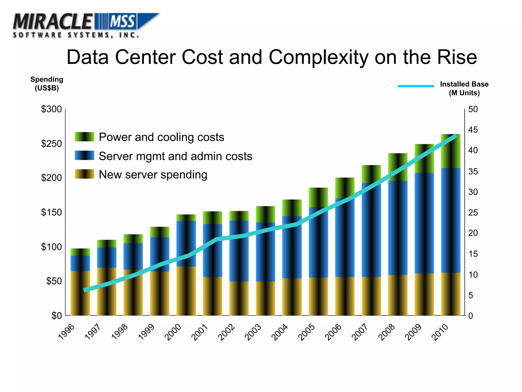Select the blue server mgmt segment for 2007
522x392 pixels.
pyautogui.click(x=371, y=230)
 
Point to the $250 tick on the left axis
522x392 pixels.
pyautogui.click(x=51, y=144)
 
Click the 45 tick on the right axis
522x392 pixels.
pyautogui.click(x=473, y=130)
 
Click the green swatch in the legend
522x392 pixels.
pyautogui.click(x=84, y=137)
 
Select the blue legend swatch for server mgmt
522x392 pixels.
pyautogui.click(x=84, y=155)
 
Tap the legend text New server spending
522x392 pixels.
pyautogui.click(x=153, y=175)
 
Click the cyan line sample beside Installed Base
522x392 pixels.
pyautogui.click(x=416, y=86)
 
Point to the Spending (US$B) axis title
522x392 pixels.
pyautogui.click(x=47, y=84)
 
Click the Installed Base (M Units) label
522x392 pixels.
pyautogui.click(x=464, y=88)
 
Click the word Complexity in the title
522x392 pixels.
pyautogui.click(x=319, y=57)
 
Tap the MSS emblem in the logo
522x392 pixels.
pyautogui.click(x=122, y=21)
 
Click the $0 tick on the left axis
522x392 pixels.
pyautogui.click(x=57, y=316)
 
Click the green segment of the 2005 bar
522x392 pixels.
pyautogui.click(x=318, y=197)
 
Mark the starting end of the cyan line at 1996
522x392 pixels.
pyautogui.click(x=85, y=290)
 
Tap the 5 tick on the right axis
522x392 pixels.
pyautogui.click(x=471, y=295)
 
